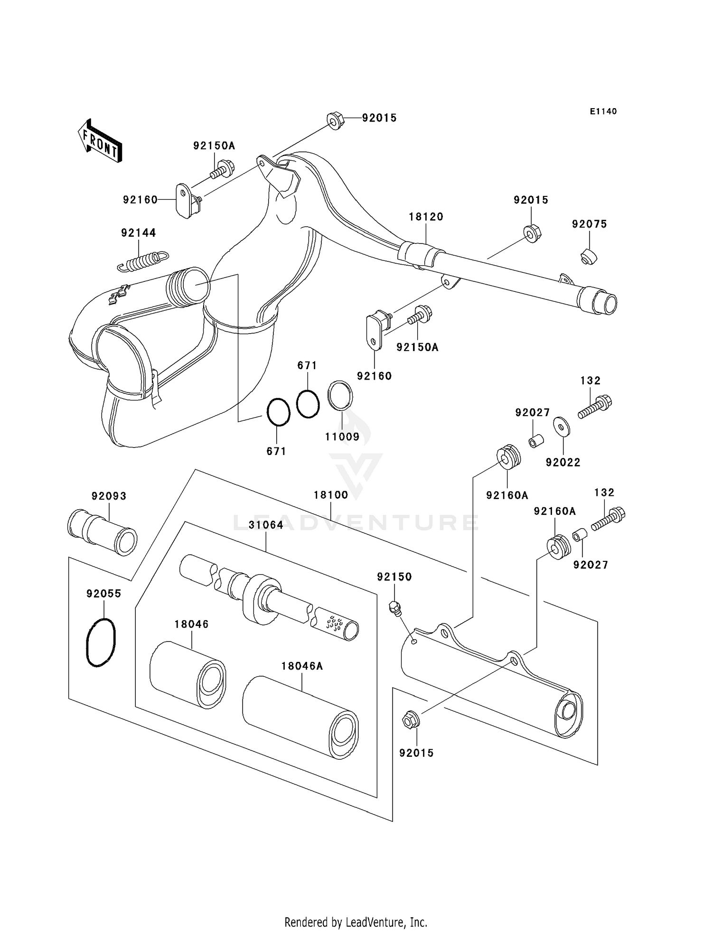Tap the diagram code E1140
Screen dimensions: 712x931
coord(603,112)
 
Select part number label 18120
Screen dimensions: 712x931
coord(426,217)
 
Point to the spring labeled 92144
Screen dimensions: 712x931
coord(143,261)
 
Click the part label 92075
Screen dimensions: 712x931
coord(590,224)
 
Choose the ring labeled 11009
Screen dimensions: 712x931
coord(340,395)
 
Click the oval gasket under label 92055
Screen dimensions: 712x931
coord(101,642)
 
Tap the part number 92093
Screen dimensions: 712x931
coord(109,496)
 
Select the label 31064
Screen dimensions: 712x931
coord(266,525)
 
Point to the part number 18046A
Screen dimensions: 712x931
coord(302,666)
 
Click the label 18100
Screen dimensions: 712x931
coord(331,495)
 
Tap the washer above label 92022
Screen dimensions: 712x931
coord(562,426)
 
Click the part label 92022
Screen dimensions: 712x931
coord(563,462)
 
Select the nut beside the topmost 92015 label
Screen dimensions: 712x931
coord(336,121)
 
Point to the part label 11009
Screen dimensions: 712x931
coord(342,437)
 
